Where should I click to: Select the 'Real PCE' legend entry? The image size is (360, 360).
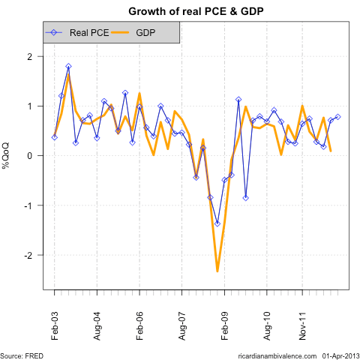click(88, 33)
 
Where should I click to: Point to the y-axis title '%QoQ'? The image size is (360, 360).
click(6, 155)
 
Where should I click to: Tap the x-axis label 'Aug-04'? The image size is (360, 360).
click(97, 322)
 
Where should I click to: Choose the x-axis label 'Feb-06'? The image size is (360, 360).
click(139, 322)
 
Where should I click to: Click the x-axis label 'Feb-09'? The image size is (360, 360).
click(224, 322)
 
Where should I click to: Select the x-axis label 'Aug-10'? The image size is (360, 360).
click(266, 322)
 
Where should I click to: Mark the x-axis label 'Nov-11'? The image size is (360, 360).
click(301, 322)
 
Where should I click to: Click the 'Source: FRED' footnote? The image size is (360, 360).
click(22, 354)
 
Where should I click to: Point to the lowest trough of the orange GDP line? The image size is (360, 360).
click(217, 271)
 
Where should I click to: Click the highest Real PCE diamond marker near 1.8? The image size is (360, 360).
click(68, 67)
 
